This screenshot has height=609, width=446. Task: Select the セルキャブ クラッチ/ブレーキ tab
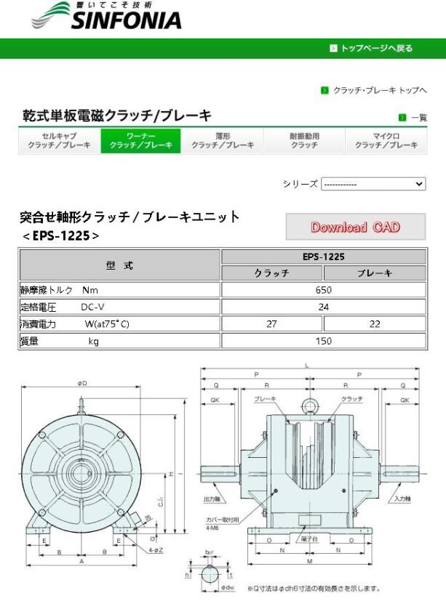59,141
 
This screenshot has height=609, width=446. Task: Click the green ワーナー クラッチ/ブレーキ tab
140,141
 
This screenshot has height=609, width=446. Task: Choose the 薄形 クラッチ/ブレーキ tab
223,141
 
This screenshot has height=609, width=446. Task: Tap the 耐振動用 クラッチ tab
304,141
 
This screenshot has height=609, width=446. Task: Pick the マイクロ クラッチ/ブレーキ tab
386,141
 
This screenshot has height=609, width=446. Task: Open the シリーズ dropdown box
373,184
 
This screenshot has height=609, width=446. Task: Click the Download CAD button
355,227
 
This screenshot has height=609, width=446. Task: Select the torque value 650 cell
323,290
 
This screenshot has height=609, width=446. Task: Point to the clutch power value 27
271,324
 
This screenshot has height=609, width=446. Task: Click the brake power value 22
375,324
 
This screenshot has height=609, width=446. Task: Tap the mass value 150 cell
323,341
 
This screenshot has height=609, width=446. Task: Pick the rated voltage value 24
323,307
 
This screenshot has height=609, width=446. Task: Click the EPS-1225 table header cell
323,257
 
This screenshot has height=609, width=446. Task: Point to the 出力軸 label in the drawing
210,499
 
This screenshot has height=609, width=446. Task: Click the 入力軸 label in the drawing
402,499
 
